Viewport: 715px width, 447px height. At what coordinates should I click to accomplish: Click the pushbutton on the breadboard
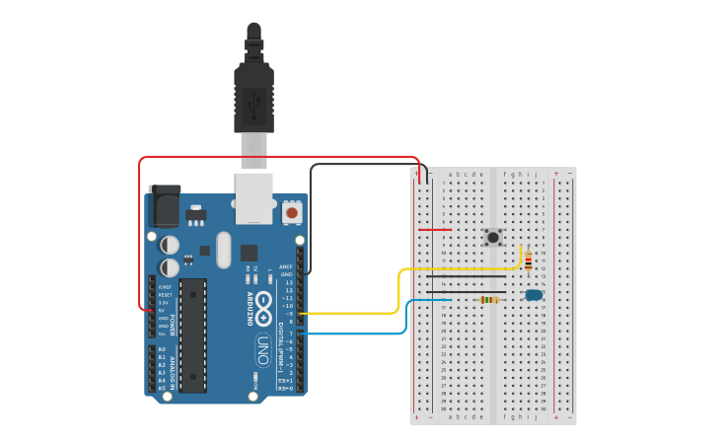click(x=493, y=237)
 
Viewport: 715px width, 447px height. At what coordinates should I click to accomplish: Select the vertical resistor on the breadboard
click(x=529, y=261)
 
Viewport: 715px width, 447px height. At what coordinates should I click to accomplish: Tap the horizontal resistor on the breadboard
click(x=487, y=299)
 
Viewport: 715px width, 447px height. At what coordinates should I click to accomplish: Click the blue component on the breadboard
click(x=534, y=294)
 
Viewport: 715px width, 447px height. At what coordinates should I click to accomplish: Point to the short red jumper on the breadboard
click(x=435, y=230)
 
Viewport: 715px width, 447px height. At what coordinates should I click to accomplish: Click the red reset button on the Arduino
click(x=292, y=212)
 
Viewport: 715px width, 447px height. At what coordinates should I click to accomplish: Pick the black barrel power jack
click(x=164, y=207)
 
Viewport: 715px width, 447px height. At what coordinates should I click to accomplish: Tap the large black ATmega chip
click(x=193, y=335)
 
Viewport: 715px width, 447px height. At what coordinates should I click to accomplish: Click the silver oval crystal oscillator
click(x=223, y=250)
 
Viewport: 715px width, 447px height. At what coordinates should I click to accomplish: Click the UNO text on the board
click(x=263, y=351)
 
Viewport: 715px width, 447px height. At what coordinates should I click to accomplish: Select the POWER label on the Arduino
click(x=173, y=325)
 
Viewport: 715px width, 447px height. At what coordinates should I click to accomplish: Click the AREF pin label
click(x=287, y=266)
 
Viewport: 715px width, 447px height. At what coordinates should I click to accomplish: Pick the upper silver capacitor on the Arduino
click(x=170, y=244)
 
